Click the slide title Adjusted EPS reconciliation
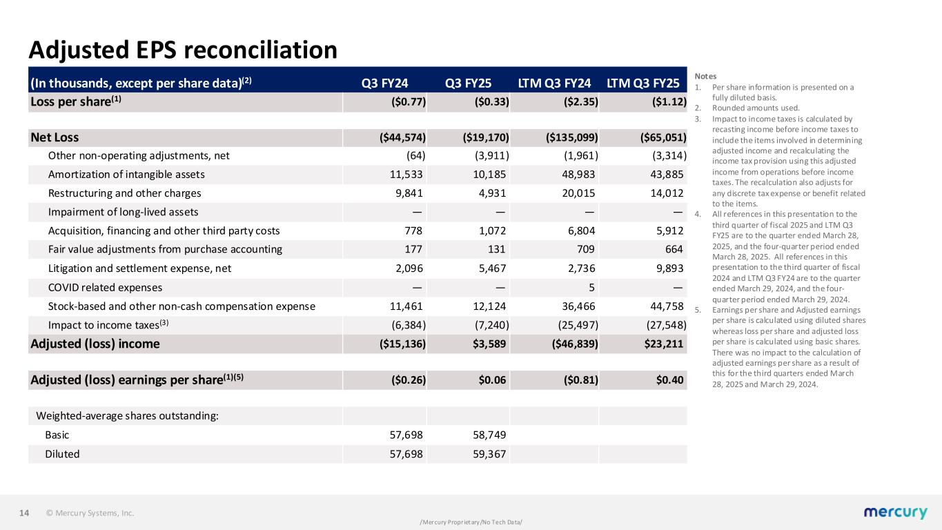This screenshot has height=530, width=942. (183, 50)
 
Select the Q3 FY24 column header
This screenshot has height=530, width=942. (384, 83)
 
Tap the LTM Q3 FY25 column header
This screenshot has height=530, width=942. (642, 83)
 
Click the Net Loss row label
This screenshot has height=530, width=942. (55, 137)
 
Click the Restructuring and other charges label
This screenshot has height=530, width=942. (124, 193)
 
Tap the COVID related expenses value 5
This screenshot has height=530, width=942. (594, 287)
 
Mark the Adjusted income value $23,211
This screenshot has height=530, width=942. (663, 344)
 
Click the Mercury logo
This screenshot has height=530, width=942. (895, 513)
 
